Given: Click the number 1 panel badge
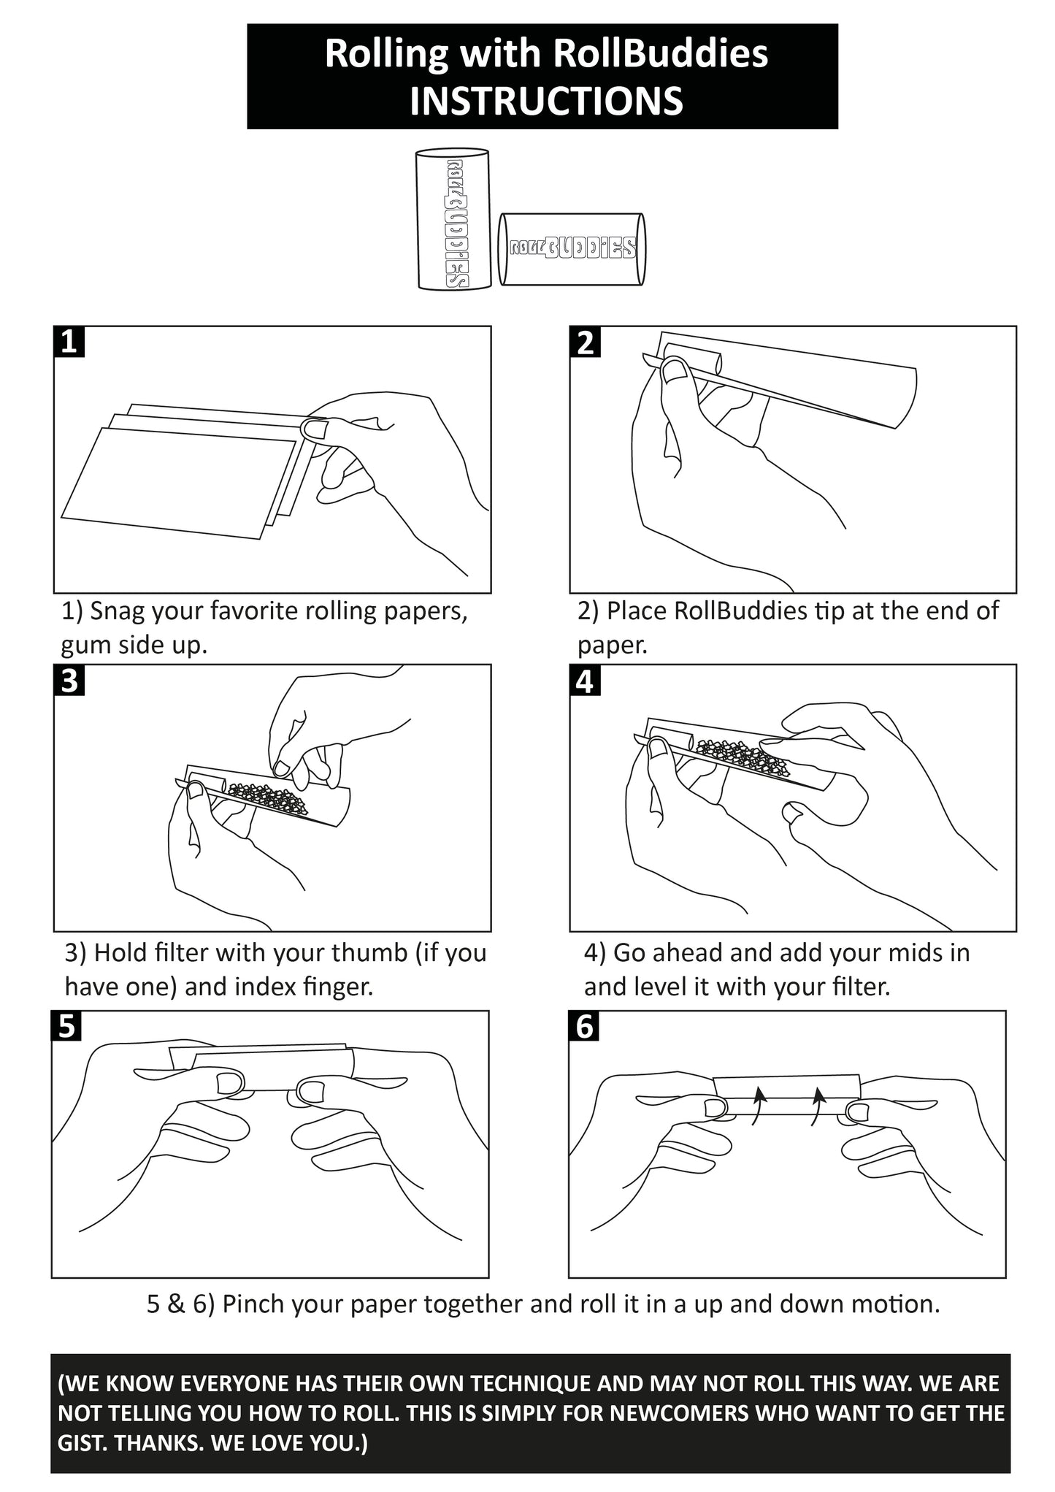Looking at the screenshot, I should pos(69,342).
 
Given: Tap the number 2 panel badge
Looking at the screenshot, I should pos(586,342).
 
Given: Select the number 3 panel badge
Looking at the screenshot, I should pos(69,681).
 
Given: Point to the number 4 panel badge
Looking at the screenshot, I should pos(586,681).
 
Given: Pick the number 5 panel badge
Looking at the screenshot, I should pos(67,1026).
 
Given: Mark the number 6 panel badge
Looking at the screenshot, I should pos(585,1026).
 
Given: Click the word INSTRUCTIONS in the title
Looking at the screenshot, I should pos(545,101).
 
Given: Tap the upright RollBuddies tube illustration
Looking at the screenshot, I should pos(453,219).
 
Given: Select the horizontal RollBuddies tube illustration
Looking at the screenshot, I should pos(571,249).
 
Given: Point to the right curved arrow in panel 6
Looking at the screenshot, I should pos(818,1106).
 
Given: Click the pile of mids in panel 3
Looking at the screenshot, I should pos(266,798).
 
